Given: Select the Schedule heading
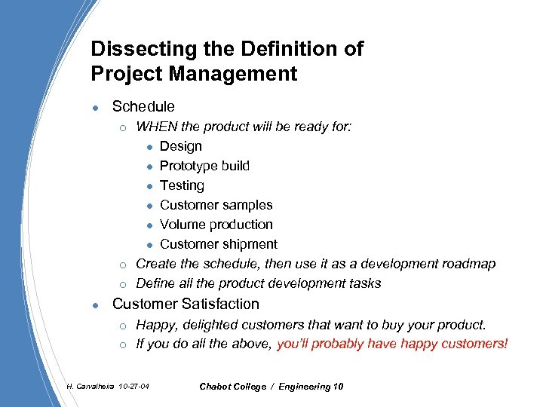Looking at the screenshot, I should [x=143, y=107].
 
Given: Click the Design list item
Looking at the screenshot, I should [x=181, y=146].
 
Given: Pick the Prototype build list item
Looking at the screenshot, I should [x=204, y=166].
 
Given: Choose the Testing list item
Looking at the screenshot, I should [x=182, y=185].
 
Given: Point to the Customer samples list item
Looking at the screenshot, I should [x=216, y=205].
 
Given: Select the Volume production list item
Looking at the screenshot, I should [x=216, y=225].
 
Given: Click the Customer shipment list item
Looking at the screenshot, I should [x=218, y=244].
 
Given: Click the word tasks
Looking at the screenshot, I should [x=365, y=283].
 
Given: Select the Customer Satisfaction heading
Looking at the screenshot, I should [x=186, y=304].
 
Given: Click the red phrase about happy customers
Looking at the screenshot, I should [x=393, y=344].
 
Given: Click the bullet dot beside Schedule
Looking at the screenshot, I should [x=93, y=108].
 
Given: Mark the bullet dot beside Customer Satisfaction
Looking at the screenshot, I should [x=93, y=305].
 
